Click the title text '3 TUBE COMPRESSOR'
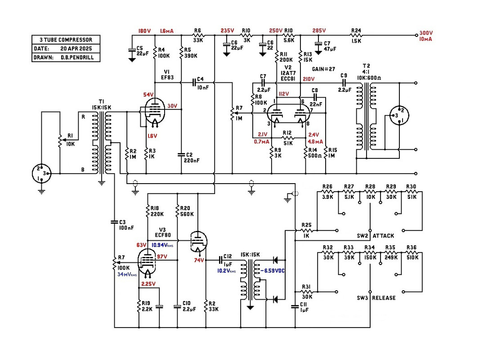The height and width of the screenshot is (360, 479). [66, 40]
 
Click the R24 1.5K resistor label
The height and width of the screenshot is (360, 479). [356, 36]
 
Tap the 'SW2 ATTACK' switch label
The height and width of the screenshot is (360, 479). [376, 235]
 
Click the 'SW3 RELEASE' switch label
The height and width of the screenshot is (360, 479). [376, 298]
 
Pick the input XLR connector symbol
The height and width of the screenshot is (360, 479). [41, 173]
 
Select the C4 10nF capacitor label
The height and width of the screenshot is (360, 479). [202, 83]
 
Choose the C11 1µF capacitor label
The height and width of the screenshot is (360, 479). [304, 307]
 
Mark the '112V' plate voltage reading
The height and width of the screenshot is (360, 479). [283, 94]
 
